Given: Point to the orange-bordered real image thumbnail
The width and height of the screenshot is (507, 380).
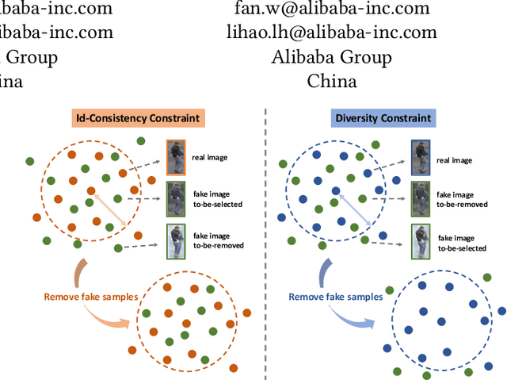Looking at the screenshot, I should click(176, 156).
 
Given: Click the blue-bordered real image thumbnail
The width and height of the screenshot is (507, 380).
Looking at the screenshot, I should click(421, 156).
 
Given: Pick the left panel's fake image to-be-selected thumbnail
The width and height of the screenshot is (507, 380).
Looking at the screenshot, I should click(176, 198).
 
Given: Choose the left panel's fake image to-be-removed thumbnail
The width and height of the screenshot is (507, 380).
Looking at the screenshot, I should click(176, 240).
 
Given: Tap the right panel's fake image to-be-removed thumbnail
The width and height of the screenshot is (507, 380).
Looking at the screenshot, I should click(421, 198).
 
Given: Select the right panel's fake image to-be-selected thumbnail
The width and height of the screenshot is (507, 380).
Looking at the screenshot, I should click(421, 240).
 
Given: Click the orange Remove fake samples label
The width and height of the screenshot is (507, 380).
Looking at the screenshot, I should click(90, 297).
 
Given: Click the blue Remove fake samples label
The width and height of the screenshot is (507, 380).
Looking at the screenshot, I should click(335, 297).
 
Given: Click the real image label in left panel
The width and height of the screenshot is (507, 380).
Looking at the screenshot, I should click(210, 157).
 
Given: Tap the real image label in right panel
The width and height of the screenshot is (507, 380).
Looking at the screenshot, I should click(455, 159).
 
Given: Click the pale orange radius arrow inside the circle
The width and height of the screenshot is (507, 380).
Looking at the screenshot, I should click(106, 206).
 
